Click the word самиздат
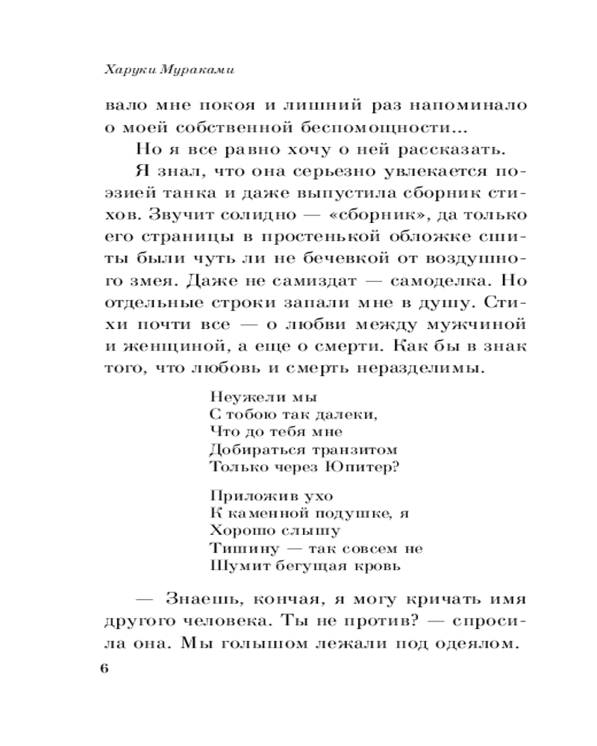[334, 283]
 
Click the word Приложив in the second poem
[239, 495]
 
